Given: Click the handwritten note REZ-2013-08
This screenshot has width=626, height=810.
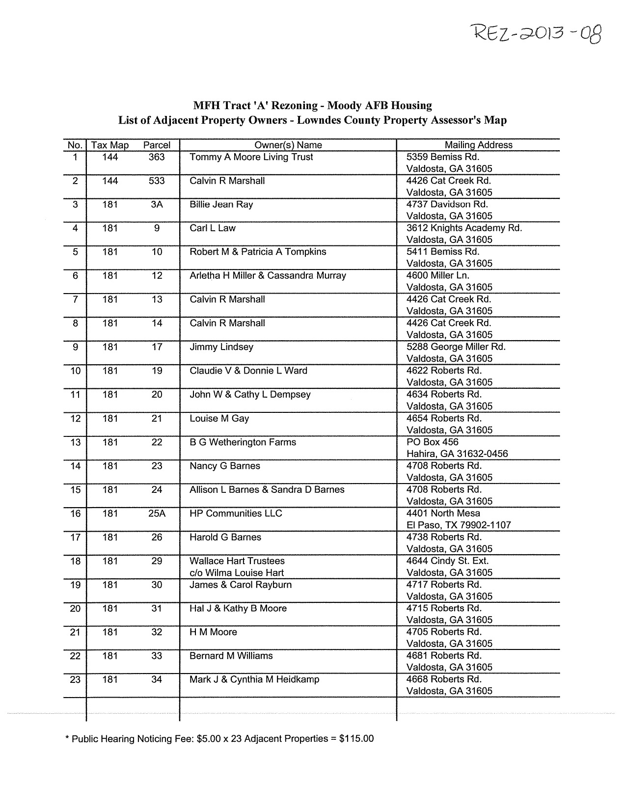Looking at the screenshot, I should tap(536, 34).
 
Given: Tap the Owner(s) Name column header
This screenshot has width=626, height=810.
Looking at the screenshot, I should tap(288, 145).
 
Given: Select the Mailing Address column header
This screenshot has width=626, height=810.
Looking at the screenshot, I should tap(478, 145).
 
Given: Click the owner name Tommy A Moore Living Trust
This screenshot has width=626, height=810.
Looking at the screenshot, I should tap(251, 157).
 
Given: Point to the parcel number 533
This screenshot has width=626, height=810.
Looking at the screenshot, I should tap(157, 181).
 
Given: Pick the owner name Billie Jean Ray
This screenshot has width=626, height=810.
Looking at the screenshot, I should tap(221, 204).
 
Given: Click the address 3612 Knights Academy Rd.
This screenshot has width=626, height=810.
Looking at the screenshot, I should tap(464, 228).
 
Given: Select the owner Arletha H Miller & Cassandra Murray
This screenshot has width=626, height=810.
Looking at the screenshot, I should tap(268, 275).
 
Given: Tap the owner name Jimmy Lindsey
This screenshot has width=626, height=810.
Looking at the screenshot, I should tap(221, 347).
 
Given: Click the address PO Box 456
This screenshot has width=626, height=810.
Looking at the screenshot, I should tap(432, 442).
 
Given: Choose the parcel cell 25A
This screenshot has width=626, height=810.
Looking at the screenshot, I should tap(157, 513).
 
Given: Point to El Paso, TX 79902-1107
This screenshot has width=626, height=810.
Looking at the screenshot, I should tap(459, 525).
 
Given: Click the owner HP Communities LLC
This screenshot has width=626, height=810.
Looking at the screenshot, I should tap(236, 513).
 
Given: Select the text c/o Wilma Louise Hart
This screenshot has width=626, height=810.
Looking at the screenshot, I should tap(237, 572).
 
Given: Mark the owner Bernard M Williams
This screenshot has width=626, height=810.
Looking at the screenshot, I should tap(231, 656).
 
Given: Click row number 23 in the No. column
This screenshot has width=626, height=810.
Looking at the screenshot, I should tap(75, 680).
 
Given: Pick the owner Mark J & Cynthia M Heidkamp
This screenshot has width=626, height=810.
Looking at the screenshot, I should tap(254, 679).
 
